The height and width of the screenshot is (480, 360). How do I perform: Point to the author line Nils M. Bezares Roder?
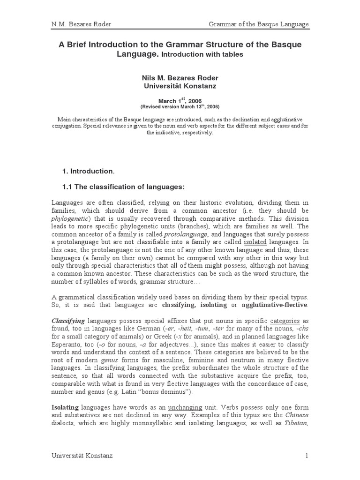(180, 78)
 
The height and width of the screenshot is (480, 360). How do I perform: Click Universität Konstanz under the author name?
(180, 86)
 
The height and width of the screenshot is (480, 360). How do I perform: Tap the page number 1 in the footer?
(307, 455)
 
